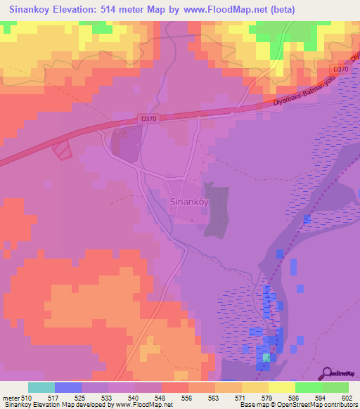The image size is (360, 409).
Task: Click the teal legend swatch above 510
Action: coord(41,387)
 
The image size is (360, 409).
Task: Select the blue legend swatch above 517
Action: coord(68,387)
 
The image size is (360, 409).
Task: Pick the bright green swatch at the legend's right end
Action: coord(335,387)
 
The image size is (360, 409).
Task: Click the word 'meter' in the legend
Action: coord(12,397)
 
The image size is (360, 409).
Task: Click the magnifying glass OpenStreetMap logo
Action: coord(327,374)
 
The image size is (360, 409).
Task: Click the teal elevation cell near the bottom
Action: coord(266,358)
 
